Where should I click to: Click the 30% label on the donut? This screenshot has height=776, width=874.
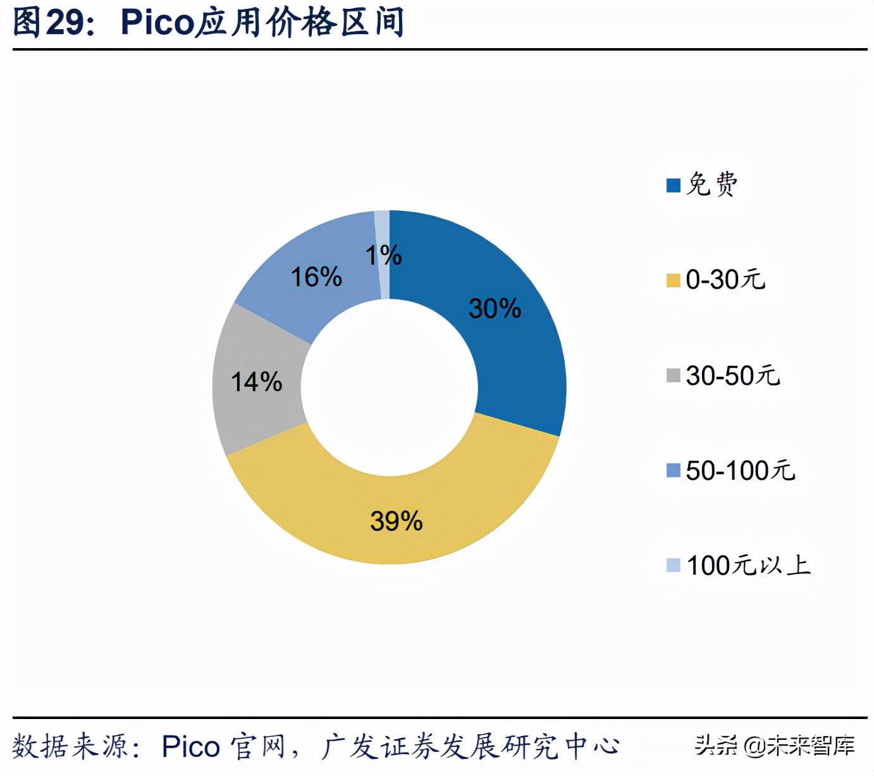click(x=495, y=308)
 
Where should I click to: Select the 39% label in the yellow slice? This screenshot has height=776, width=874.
click(x=396, y=521)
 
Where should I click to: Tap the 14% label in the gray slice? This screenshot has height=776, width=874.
click(x=256, y=382)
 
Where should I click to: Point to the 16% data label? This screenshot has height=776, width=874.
click(x=316, y=277)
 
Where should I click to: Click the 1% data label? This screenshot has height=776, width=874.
click(x=383, y=255)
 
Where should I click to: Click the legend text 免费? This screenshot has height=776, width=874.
click(x=712, y=184)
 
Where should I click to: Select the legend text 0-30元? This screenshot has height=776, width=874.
click(x=726, y=279)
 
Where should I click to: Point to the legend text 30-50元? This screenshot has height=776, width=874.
click(x=733, y=375)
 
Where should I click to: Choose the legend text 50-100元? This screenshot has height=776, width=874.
click(x=741, y=470)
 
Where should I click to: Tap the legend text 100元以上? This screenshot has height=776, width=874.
click(x=748, y=565)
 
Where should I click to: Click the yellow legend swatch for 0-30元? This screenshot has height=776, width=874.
click(x=673, y=280)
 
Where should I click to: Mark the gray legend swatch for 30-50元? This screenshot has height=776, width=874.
click(x=673, y=375)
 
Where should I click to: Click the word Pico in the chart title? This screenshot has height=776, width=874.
click(x=157, y=23)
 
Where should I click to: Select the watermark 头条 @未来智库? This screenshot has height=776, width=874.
click(x=775, y=746)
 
